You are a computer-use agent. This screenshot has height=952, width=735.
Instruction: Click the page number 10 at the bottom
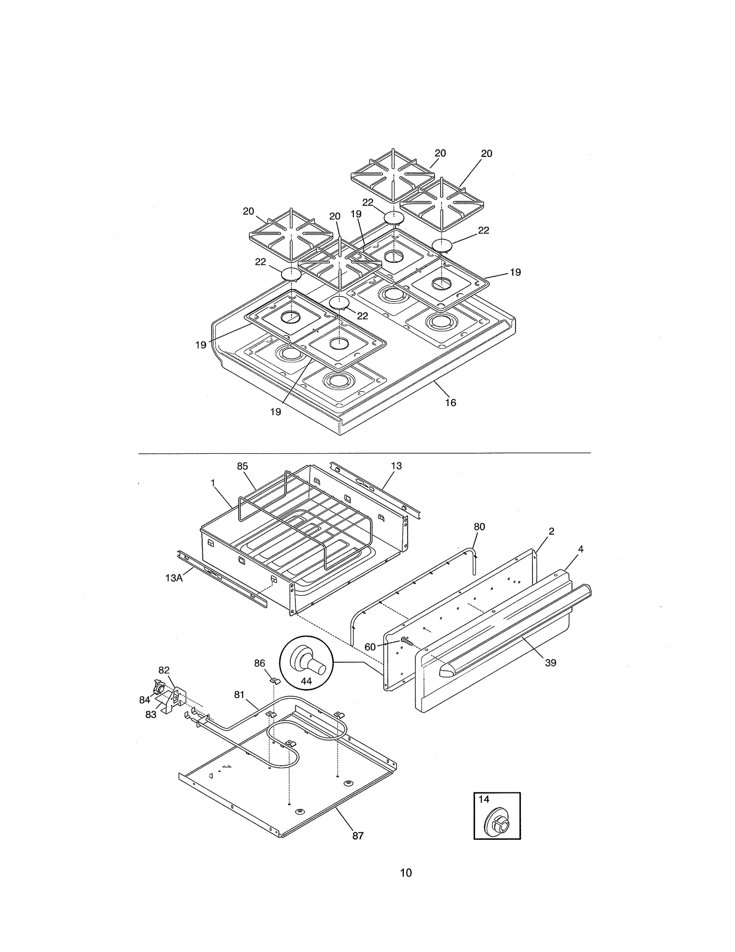[x=406, y=872]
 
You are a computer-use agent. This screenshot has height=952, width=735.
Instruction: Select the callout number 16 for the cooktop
[x=450, y=403]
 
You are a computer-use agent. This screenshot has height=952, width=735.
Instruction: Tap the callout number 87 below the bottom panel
[x=358, y=836]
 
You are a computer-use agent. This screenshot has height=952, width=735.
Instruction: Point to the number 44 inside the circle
[x=306, y=681]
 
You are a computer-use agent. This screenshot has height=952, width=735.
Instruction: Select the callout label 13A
[x=174, y=578]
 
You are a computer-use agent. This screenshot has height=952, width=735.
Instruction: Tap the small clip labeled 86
[x=275, y=680]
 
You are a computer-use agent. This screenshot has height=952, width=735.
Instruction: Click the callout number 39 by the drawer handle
[x=550, y=662]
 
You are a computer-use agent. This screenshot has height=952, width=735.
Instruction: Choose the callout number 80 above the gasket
[x=479, y=527]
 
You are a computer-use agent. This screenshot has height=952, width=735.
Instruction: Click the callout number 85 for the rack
[x=242, y=466]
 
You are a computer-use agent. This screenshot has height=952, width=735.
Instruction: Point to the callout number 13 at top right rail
[x=396, y=466]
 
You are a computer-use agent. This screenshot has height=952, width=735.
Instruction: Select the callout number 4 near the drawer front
[x=581, y=549]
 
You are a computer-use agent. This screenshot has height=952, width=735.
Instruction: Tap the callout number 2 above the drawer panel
[x=551, y=531]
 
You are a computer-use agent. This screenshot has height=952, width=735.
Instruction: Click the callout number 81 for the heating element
[x=239, y=695]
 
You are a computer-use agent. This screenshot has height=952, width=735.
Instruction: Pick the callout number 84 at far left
[x=145, y=700]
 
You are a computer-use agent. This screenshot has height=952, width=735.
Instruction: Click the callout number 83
[x=151, y=715]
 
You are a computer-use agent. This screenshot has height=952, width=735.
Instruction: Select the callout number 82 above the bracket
[x=164, y=670]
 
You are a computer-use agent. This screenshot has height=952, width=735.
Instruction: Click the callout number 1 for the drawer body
[x=213, y=483]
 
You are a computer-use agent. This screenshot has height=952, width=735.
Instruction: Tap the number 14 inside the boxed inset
[x=484, y=799]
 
